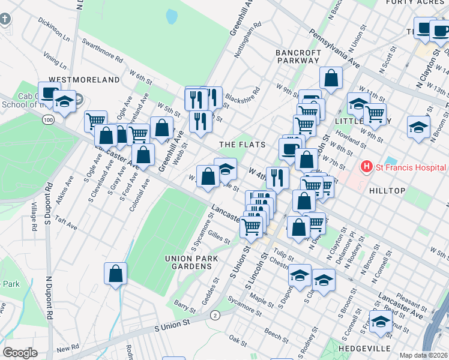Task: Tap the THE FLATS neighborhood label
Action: [239, 145]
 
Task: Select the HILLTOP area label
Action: [405, 191]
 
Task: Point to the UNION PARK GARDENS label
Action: [190, 262]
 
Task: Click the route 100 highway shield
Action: [47, 120]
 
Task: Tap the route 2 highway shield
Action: [214, 314]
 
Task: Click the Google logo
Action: [20, 353]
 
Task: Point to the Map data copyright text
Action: [424, 355]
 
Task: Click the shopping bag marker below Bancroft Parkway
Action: [331, 78]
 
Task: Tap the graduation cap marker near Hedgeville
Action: [381, 322]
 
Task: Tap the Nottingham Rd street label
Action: [248, 40]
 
